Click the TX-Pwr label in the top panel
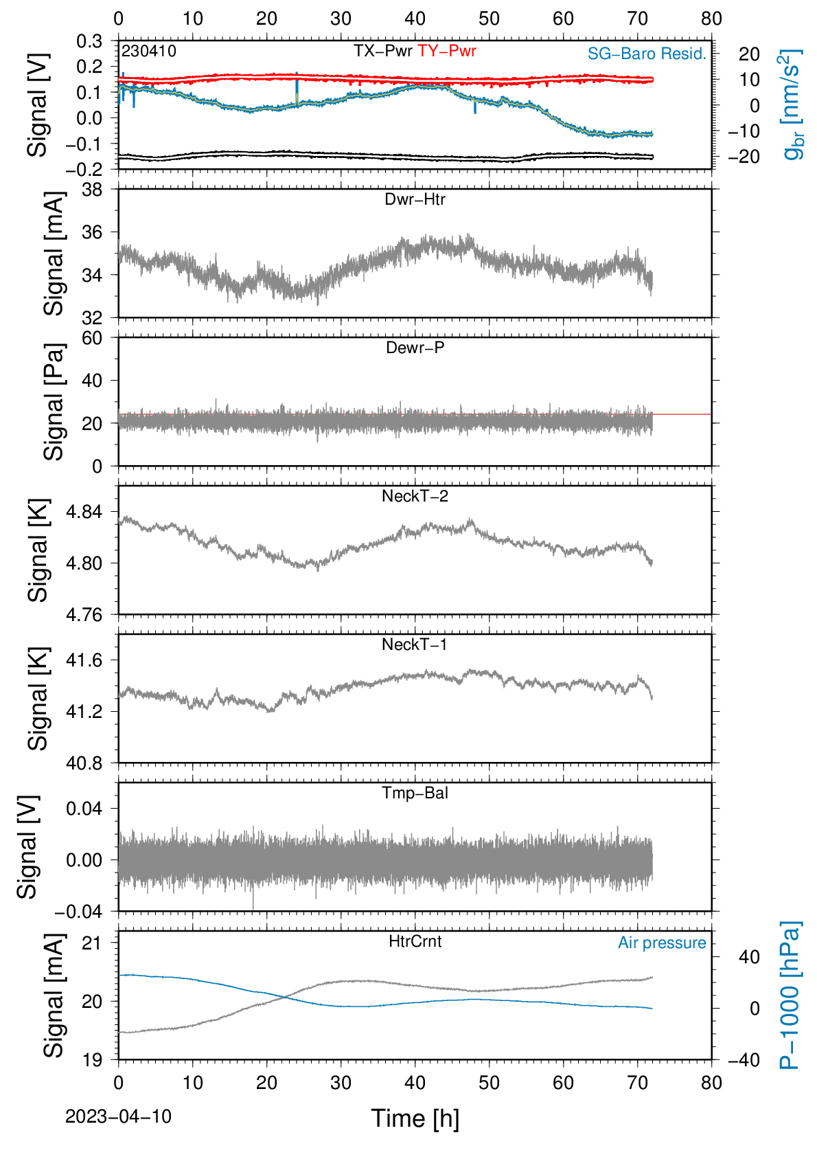click(x=382, y=51)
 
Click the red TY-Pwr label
click(x=447, y=51)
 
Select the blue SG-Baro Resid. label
click(x=647, y=54)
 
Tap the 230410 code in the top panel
click(x=149, y=51)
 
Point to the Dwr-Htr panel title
click(x=415, y=199)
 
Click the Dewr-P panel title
click(x=415, y=348)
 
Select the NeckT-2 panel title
click(x=415, y=496)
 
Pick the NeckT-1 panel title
click(x=415, y=644)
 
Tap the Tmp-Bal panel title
click(x=415, y=792)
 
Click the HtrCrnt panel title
click(x=415, y=941)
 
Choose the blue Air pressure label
click(x=662, y=943)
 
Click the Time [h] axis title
click(x=415, y=1119)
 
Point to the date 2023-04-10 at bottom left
click(x=118, y=1116)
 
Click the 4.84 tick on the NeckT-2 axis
click(x=84, y=512)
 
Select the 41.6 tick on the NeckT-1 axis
click(x=84, y=660)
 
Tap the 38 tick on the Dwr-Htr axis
click(x=92, y=190)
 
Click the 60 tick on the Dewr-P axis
click(x=92, y=338)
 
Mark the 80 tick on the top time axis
click(x=712, y=19)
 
